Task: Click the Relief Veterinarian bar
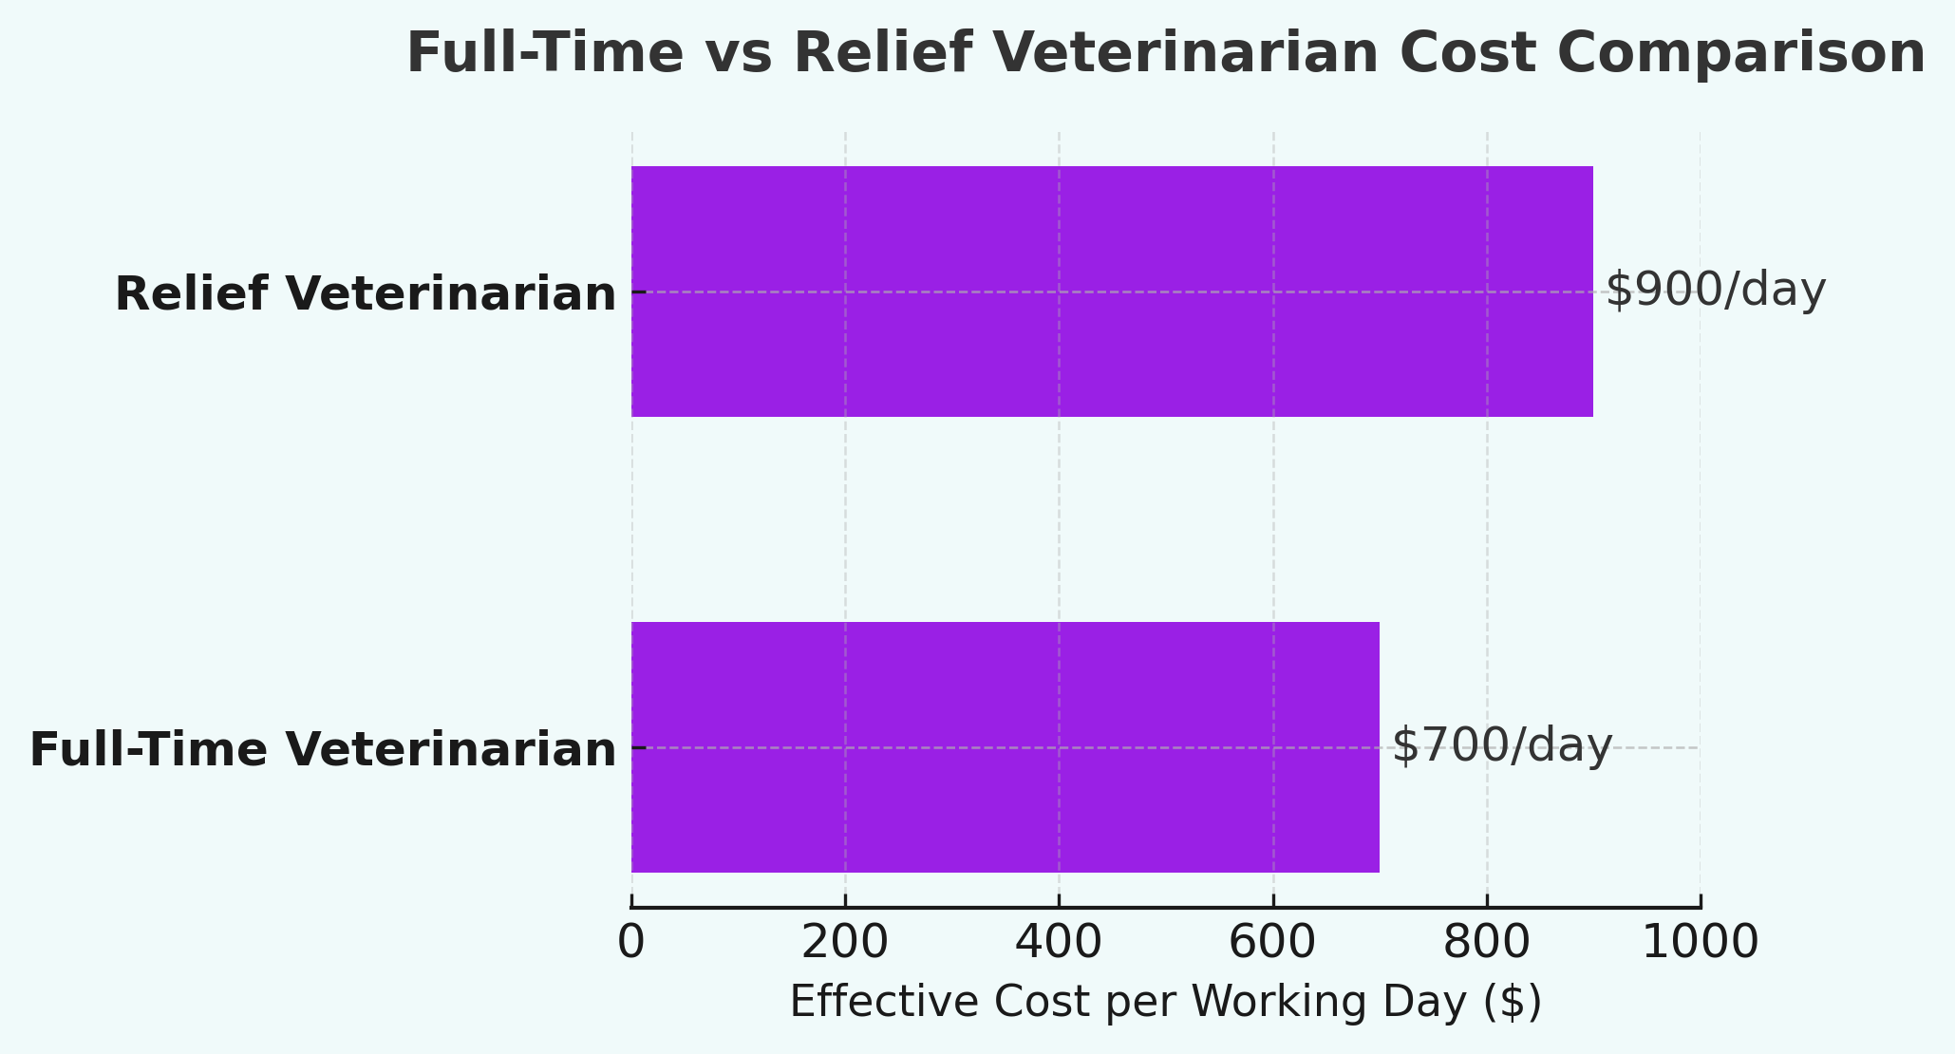[1111, 292]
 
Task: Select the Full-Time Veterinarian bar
[1005, 747]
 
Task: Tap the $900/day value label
[1715, 290]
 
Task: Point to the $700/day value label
[1501, 745]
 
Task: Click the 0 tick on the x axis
[631, 943]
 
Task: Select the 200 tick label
[845, 943]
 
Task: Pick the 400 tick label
[1059, 943]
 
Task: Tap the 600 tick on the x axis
[1272, 943]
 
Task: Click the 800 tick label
[1486, 943]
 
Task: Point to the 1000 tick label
[1700, 943]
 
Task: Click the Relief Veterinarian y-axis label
[366, 293]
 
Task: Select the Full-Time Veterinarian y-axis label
[323, 749]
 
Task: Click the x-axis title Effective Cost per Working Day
[1165, 1002]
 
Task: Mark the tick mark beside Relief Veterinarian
[638, 292]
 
